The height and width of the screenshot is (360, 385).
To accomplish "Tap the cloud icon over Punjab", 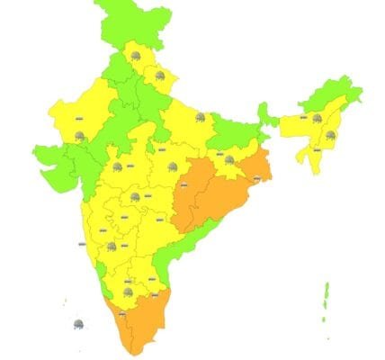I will (x=135, y=56).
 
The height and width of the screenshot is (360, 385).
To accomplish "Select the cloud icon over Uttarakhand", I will (x=162, y=77).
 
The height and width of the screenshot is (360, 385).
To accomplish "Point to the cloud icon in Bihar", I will (x=201, y=117).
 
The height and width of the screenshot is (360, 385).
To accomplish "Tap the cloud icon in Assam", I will (x=317, y=117).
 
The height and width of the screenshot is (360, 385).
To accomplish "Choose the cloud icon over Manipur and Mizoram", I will (x=330, y=135).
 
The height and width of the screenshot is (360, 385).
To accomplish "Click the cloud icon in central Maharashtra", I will (x=135, y=196).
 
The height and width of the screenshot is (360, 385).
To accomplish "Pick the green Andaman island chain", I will (x=327, y=297).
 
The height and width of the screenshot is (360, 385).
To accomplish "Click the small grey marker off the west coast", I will (x=82, y=243).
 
